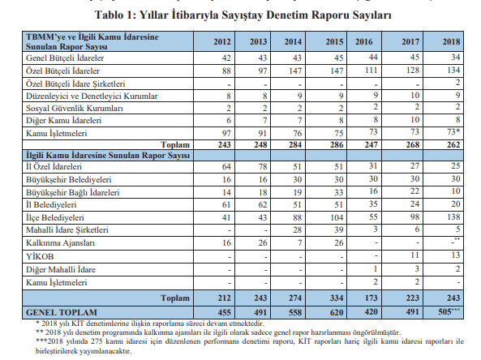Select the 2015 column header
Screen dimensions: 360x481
click(x=332, y=41)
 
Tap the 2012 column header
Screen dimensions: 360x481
click(x=221, y=41)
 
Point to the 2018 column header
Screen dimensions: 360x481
click(x=450, y=41)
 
